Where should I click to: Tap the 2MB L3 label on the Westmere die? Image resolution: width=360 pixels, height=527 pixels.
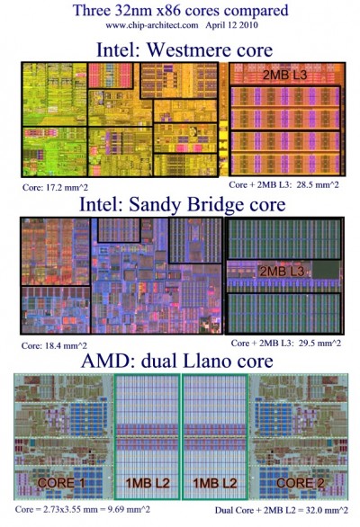284,75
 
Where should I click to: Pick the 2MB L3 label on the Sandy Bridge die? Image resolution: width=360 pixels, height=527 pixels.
283,272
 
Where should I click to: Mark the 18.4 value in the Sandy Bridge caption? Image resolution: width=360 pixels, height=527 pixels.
51,345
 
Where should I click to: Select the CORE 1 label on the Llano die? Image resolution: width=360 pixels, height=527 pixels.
61,483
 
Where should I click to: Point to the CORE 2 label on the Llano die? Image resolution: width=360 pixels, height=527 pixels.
300,483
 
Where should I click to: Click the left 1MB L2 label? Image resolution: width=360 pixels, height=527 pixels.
148,483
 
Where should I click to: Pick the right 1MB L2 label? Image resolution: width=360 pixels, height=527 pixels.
215,483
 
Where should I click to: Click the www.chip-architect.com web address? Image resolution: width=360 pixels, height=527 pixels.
152,25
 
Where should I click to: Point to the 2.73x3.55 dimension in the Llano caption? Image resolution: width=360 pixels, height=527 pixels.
59,509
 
